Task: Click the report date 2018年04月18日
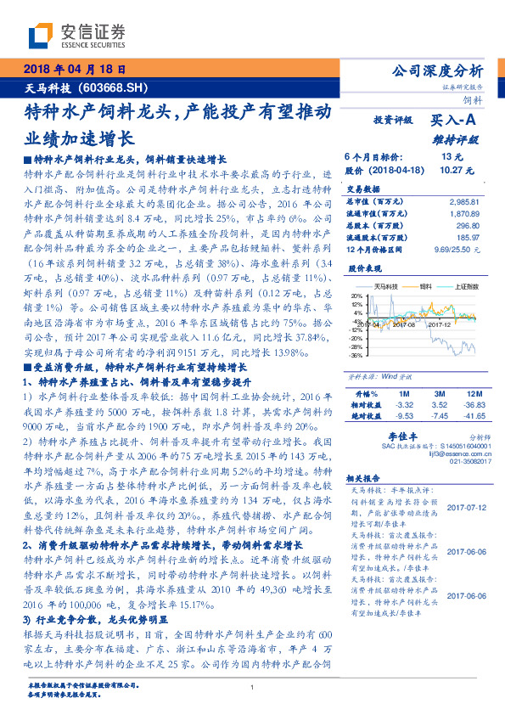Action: coord(75,70)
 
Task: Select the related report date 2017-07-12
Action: coord(463,509)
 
